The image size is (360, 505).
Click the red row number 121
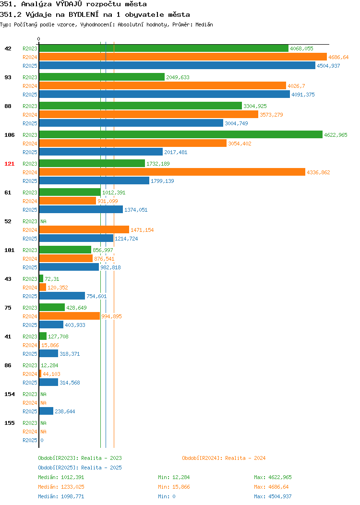(9, 164)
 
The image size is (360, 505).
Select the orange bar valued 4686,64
(183, 57)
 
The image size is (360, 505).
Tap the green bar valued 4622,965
(180, 134)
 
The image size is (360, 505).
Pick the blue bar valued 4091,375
(165, 95)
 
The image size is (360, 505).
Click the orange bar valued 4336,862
(172, 172)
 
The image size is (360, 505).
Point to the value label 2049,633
(178, 77)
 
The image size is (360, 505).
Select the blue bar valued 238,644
(46, 411)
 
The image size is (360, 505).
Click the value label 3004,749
(236, 123)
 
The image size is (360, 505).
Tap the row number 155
(9, 423)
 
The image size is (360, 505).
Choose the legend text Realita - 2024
(245, 458)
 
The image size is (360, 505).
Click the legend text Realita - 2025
(101, 468)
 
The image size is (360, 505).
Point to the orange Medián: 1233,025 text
(61, 487)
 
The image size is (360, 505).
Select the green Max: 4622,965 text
(273, 477)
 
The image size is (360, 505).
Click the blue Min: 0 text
(167, 497)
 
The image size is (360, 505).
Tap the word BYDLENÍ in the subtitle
(84, 14)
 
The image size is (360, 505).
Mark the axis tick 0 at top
(39, 39)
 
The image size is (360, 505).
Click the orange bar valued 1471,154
(84, 230)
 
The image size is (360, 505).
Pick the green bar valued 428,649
(52, 308)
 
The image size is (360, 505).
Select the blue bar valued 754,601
(62, 296)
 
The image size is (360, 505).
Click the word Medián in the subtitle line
(204, 25)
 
